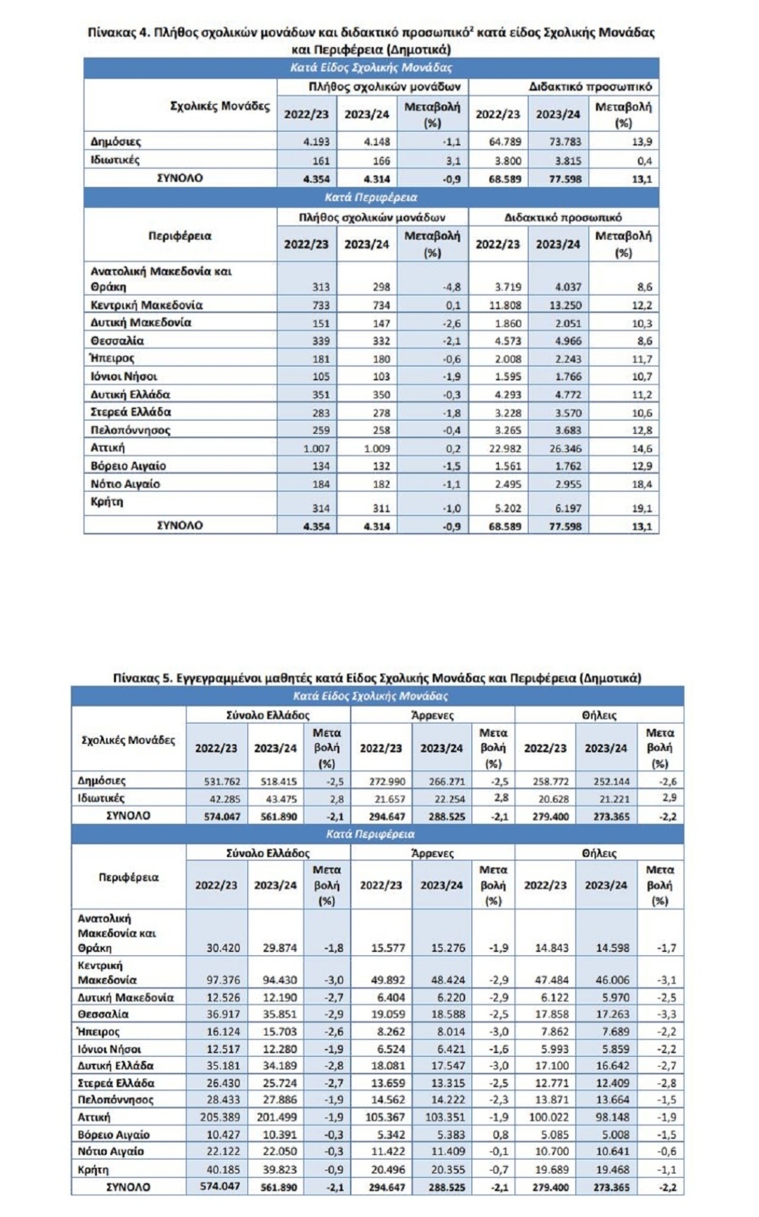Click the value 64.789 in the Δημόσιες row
coord(505,142)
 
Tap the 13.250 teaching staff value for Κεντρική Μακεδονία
coord(565,305)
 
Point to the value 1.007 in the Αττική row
coord(316,449)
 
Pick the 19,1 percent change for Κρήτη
coord(642,508)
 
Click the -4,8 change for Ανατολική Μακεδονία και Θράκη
coord(452,287)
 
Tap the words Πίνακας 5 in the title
coord(143,678)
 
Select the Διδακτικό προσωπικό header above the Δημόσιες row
coord(590,87)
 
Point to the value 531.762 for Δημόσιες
coord(222,781)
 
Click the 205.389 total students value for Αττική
coord(222,1117)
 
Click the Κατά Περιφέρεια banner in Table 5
coord(370,834)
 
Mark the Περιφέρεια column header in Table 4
coord(180,236)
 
